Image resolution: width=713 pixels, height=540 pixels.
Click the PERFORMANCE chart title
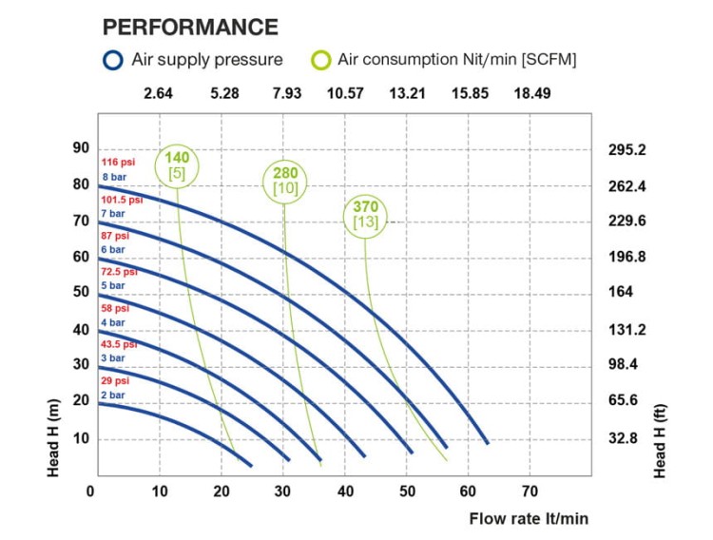(190, 27)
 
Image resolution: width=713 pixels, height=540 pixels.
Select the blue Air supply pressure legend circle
(113, 60)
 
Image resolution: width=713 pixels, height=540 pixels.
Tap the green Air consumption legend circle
(321, 60)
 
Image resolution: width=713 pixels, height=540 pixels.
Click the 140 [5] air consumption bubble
(177, 166)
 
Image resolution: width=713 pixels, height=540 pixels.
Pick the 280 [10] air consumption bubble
(285, 181)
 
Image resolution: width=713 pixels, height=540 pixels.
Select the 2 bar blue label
(112, 395)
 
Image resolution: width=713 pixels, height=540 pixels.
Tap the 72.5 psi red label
(120, 272)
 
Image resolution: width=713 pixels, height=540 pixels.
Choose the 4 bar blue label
(112, 321)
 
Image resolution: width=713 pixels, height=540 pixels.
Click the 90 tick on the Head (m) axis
(81, 148)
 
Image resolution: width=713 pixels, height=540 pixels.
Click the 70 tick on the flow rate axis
(530, 491)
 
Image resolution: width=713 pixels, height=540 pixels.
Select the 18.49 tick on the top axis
(531, 93)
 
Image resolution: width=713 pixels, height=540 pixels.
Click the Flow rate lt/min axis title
(529, 519)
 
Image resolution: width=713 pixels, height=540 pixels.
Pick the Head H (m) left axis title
(55, 439)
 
